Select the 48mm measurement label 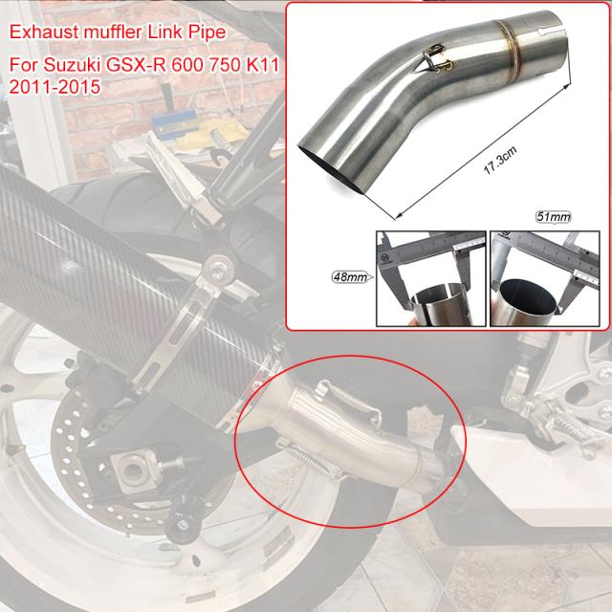point(345,278)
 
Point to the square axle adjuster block point(131,467)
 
